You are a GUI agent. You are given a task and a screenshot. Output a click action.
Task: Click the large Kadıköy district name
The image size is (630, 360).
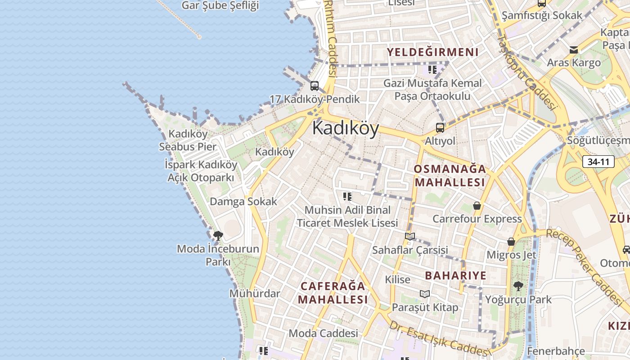[346, 128]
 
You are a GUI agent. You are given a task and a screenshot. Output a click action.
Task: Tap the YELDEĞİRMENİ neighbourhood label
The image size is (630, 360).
[432, 52]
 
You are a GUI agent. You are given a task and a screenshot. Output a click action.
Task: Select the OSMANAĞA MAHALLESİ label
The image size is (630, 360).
[450, 175]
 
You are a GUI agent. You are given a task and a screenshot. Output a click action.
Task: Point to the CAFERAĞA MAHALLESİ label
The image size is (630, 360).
[333, 292]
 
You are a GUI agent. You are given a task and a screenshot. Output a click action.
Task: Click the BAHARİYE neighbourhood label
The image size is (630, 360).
[455, 275]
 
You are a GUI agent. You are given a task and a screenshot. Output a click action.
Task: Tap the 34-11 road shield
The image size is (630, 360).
[598, 162]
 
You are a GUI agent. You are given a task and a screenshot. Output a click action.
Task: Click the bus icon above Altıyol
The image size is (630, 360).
[440, 127]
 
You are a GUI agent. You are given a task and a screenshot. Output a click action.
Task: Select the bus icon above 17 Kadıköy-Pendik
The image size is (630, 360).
[315, 85]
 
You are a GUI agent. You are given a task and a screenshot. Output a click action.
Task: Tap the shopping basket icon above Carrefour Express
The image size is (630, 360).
[477, 206]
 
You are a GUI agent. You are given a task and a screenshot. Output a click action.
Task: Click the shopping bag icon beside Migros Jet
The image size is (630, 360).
[511, 242]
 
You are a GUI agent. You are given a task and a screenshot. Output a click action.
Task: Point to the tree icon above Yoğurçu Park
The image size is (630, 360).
[518, 286]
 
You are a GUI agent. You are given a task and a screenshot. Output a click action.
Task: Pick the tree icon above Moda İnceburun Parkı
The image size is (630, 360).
[218, 235]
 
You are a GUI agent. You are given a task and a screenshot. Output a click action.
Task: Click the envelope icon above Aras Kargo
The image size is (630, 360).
[574, 50]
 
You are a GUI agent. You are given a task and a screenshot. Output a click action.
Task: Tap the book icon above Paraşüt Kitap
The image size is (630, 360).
[425, 294]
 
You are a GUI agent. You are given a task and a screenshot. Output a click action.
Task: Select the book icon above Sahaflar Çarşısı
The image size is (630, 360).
[409, 236]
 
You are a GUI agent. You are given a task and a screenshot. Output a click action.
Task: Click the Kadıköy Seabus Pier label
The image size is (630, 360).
[188, 140]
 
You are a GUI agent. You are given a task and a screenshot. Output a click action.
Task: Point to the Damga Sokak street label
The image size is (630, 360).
[243, 201]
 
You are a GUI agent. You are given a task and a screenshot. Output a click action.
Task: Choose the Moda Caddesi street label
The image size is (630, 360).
[323, 333]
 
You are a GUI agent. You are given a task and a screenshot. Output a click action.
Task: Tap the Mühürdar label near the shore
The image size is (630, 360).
[255, 293]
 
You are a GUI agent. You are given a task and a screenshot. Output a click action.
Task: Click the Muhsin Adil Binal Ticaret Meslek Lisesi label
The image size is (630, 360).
[347, 216]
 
